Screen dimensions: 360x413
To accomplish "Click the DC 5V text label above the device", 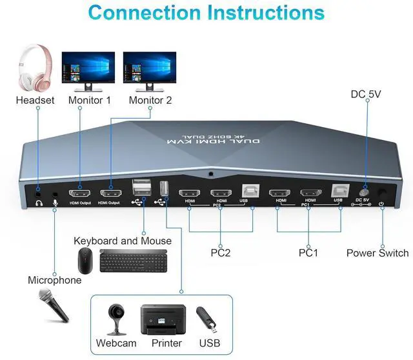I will click(x=367, y=94).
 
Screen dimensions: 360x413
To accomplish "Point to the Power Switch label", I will click(x=378, y=253).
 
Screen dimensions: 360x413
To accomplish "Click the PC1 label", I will click(x=309, y=253).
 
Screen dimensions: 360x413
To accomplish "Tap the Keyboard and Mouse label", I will click(x=123, y=241).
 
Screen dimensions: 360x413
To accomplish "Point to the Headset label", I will click(x=35, y=100).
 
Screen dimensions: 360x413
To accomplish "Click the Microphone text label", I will click(x=54, y=280).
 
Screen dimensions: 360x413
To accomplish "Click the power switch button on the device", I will click(x=383, y=192).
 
